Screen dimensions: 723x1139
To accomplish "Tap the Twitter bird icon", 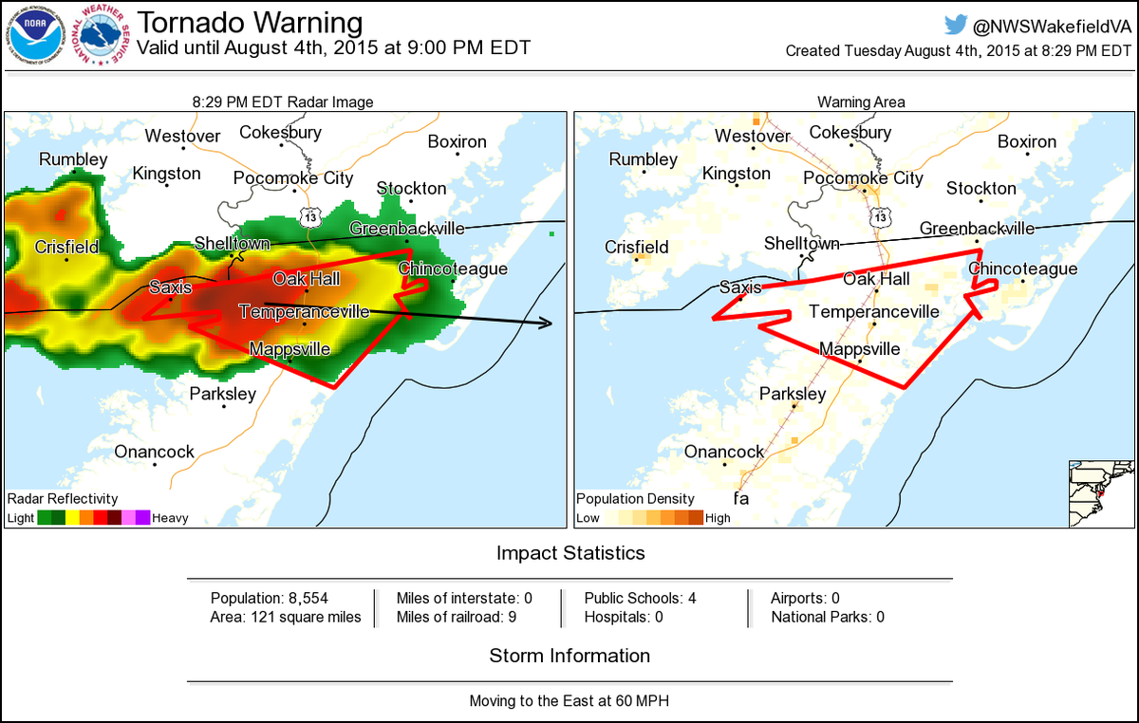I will coord(957,25).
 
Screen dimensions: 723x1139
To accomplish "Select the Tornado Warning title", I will coord(250,22).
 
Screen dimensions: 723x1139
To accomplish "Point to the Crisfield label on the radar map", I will coord(66,247).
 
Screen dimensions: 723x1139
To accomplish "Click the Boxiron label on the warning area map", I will coord(1027,141).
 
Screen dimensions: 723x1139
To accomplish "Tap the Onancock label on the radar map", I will coord(154,452).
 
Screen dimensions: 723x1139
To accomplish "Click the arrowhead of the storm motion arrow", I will coord(547,324).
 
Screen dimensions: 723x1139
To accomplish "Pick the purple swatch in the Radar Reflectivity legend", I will coord(142,518).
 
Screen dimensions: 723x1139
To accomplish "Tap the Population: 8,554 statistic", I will coord(263,598).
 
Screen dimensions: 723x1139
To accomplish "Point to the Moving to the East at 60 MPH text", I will coord(569,701).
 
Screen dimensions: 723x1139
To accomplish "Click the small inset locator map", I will coord(1100,493).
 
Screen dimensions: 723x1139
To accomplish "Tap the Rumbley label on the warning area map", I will coord(643,159).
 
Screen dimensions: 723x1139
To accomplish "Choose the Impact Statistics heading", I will coord(569,553).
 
